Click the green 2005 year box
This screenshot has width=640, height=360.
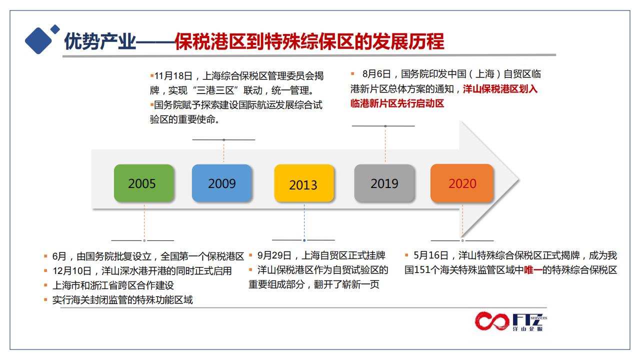(x=143, y=183)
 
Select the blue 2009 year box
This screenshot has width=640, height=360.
(x=221, y=183)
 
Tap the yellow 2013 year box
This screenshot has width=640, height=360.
(x=304, y=183)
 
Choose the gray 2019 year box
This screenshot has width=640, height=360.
(x=384, y=183)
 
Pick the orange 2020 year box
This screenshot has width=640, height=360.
(x=462, y=183)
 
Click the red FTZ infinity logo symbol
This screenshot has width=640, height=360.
(x=492, y=321)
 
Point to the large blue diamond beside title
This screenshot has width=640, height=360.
(x=38, y=40)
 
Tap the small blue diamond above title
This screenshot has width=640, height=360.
(x=55, y=29)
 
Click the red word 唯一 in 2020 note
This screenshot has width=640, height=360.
(x=533, y=270)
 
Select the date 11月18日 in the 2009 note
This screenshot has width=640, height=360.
(x=173, y=76)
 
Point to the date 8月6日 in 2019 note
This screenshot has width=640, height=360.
(x=376, y=74)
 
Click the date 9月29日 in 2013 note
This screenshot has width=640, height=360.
(x=274, y=255)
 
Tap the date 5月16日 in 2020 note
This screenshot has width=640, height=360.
(x=431, y=255)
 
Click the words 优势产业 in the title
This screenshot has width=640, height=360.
(x=100, y=41)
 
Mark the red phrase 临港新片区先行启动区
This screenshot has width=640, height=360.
(x=397, y=103)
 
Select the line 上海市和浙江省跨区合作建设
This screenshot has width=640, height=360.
(x=113, y=285)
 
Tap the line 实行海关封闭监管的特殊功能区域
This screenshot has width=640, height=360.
(x=122, y=300)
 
